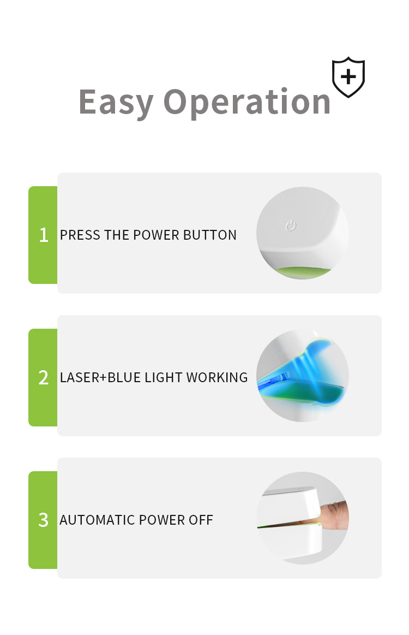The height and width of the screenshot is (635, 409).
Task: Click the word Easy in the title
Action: click(x=116, y=103)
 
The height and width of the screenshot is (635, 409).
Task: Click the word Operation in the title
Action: click(x=247, y=102)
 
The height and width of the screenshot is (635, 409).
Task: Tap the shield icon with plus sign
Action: click(x=348, y=77)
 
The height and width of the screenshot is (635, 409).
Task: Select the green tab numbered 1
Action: click(x=43, y=235)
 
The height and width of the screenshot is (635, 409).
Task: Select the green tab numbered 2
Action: click(x=43, y=377)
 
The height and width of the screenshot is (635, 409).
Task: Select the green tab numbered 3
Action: click(x=43, y=520)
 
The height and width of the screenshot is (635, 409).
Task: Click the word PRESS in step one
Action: click(x=80, y=235)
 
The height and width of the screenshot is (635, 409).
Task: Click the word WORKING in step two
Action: click(x=217, y=377)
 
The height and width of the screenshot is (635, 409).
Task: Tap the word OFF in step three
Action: click(x=201, y=520)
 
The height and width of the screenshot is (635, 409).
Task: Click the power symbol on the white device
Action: click(x=291, y=225)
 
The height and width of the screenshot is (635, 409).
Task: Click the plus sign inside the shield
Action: click(x=348, y=76)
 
